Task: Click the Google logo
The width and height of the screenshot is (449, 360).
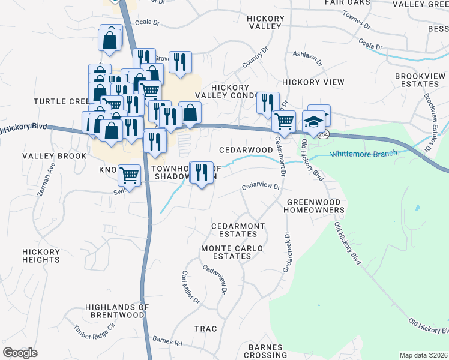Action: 20,353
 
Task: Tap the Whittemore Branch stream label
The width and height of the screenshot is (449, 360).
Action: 363,154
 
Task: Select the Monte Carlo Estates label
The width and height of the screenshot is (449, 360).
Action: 226,252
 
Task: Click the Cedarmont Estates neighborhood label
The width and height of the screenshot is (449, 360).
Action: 238,230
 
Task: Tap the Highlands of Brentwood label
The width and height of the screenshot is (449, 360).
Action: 117,310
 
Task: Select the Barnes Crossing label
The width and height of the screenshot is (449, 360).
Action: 265,351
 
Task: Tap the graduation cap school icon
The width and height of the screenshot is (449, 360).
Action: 312,122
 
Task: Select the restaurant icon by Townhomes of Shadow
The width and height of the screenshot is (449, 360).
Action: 201,173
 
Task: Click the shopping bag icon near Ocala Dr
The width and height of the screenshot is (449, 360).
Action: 110,40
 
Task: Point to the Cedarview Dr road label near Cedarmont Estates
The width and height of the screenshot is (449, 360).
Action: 261,187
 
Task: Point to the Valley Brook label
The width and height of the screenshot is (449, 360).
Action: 46,156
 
